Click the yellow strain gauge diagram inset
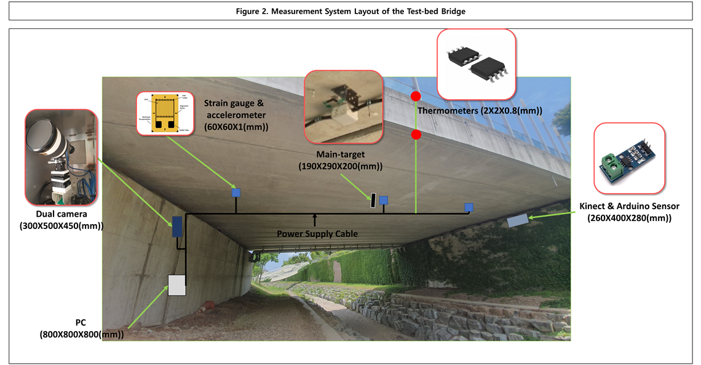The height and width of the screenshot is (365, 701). pos(162,113)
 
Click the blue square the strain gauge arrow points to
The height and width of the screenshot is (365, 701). pos(236,193)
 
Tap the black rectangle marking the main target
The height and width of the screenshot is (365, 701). pos(373,200)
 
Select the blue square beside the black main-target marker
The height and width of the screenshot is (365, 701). pos(384,199)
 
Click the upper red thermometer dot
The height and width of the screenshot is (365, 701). pos(416,96)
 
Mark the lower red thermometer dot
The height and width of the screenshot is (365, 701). pos(416,134)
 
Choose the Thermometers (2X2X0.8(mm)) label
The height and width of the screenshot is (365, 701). pos(479,111)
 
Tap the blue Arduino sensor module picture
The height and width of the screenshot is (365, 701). pos(629,159)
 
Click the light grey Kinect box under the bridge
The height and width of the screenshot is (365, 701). pos(518,220)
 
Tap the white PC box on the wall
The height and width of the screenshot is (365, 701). pos(177,285)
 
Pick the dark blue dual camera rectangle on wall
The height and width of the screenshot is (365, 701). pos(176,227)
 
